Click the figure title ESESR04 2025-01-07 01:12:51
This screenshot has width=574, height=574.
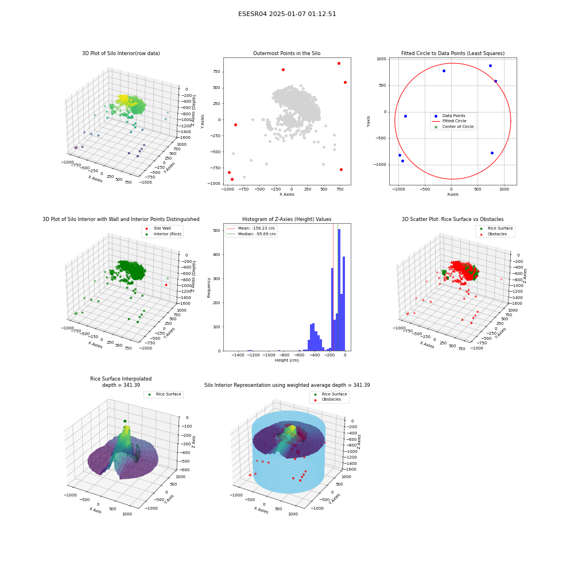click(287, 14)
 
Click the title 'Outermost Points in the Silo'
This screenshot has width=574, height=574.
click(286, 53)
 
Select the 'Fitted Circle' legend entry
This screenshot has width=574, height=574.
click(453, 121)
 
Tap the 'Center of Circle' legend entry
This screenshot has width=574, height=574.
click(453, 127)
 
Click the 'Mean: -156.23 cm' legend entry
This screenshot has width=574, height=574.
click(251, 228)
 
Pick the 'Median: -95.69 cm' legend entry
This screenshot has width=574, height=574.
click(251, 234)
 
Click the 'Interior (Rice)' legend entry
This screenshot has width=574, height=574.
click(162, 234)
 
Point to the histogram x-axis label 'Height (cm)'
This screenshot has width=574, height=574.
click(286, 360)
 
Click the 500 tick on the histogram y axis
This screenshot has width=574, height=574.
click(217, 230)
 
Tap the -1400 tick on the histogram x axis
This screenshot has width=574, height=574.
click(238, 355)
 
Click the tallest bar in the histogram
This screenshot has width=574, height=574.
click(339, 290)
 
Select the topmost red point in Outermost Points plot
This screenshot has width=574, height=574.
click(339, 63)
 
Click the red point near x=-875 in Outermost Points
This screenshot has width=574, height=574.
click(235, 125)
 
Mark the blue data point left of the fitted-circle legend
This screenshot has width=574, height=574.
click(405, 116)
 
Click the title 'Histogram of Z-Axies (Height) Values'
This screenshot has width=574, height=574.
click(286, 219)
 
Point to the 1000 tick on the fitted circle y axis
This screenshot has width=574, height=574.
click(382, 59)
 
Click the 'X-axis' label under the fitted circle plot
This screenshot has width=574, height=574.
click(452, 195)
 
